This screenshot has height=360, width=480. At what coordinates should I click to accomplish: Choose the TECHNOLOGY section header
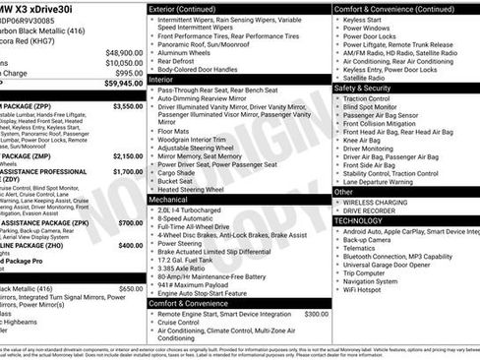[358, 221]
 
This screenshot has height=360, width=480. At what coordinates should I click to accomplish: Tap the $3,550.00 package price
[128, 105]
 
